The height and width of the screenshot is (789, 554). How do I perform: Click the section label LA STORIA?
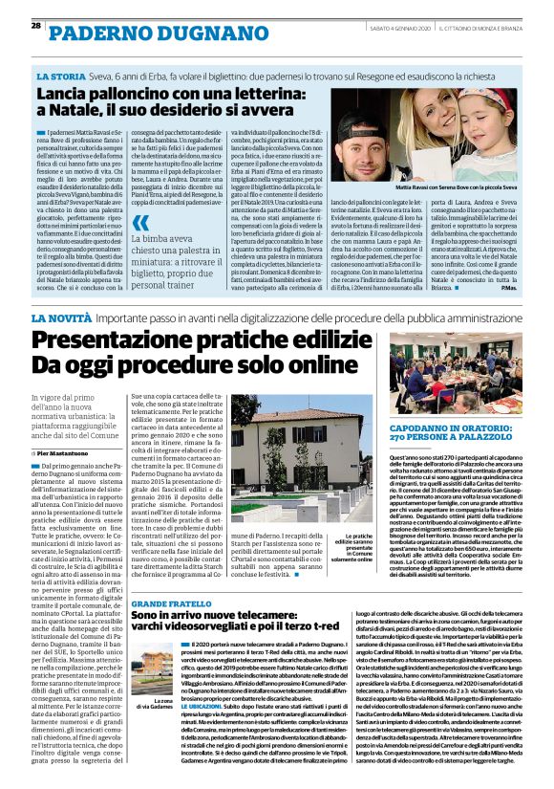58,75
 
